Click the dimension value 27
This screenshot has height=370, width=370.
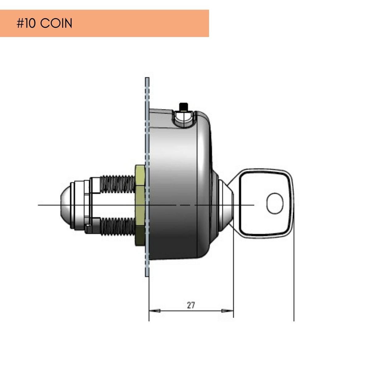(191, 305)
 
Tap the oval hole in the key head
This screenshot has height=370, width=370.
(275, 203)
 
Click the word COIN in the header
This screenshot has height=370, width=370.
(56, 24)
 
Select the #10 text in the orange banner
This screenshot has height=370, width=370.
(26, 24)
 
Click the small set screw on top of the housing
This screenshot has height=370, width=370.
(184, 107)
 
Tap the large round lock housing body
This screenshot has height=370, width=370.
(179, 185)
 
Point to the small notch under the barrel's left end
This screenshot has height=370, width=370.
(88, 229)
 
